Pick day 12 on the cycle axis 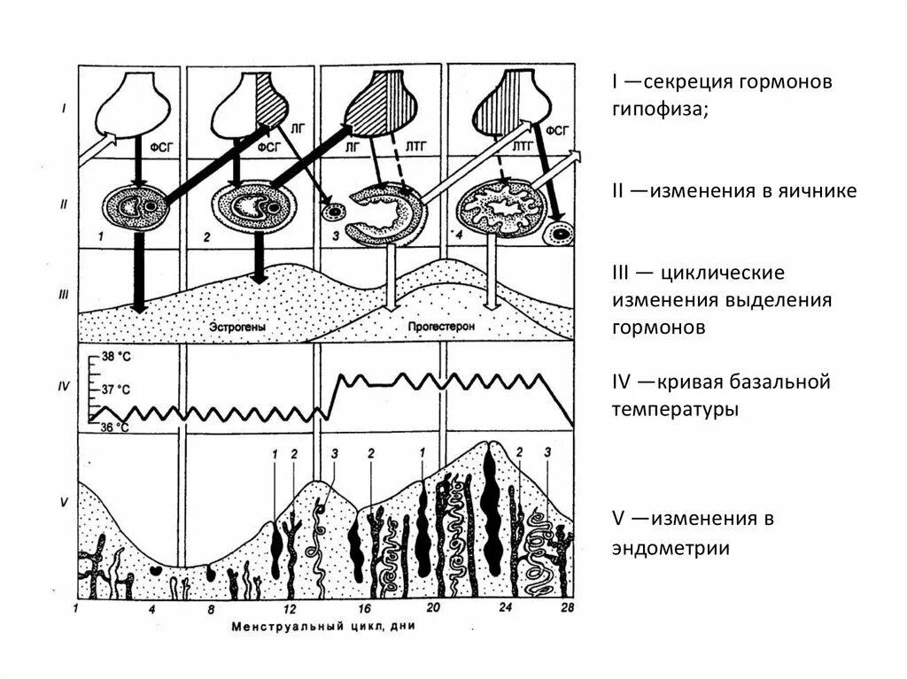coord(290,610)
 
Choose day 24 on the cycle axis coord(506,610)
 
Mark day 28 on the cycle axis coord(569,610)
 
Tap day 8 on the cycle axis coord(212,610)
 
